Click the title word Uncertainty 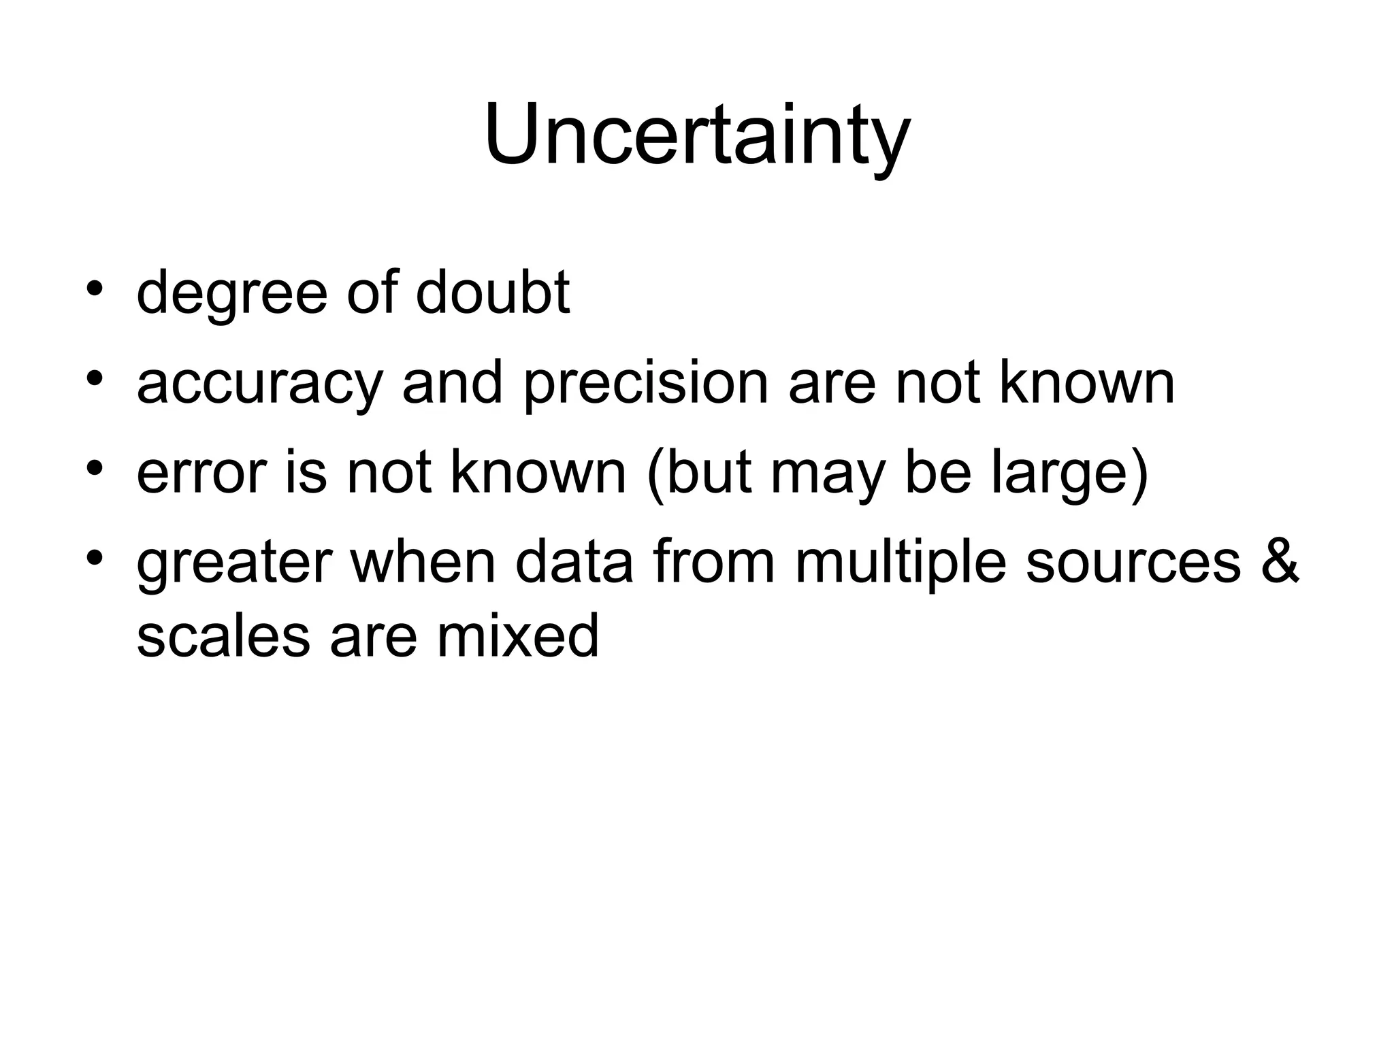(x=697, y=136)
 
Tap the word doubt (x=492, y=293)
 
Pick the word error (x=201, y=474)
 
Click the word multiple (x=900, y=563)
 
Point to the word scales (x=223, y=635)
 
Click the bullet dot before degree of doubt (x=95, y=286)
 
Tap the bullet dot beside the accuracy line (x=95, y=376)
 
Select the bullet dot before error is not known (x=95, y=467)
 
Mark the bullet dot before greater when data (x=95, y=557)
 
